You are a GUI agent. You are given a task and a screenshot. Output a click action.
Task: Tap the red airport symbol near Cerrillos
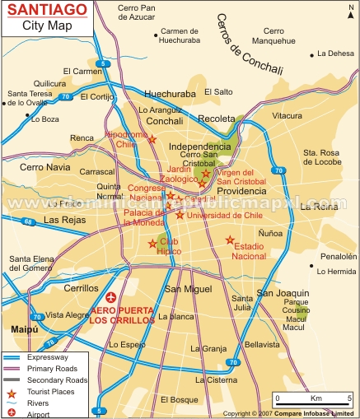coord(112,296)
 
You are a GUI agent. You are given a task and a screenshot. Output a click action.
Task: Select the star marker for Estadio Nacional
coord(230,240)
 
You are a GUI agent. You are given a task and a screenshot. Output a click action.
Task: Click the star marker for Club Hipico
coord(152,244)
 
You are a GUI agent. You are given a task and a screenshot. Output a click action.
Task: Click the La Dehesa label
coord(334,54)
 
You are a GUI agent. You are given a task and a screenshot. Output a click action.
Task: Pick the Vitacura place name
coord(287,116)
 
